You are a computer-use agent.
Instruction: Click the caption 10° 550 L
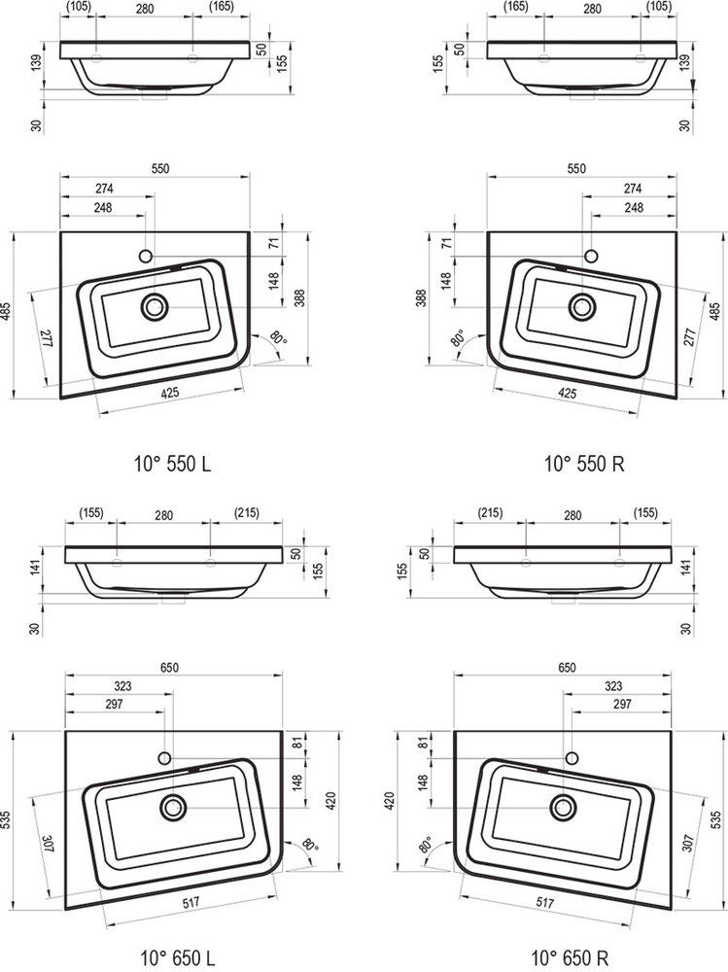coord(172,463)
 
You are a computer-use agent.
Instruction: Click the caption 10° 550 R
coord(584,463)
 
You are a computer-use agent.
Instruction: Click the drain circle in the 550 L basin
coord(155,307)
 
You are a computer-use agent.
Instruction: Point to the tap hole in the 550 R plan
coord(590,256)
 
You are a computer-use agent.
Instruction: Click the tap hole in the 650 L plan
coord(164,757)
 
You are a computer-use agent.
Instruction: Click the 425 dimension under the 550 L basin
coord(170,393)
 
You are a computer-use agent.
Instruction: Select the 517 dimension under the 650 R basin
coord(545,903)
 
